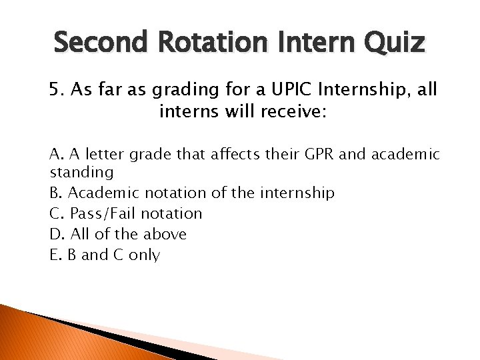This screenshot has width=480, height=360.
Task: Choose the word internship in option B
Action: coord(299,194)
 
